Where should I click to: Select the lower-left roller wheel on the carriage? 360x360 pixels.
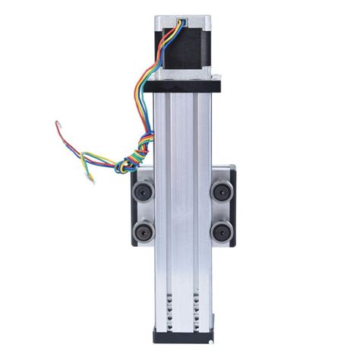142,231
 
